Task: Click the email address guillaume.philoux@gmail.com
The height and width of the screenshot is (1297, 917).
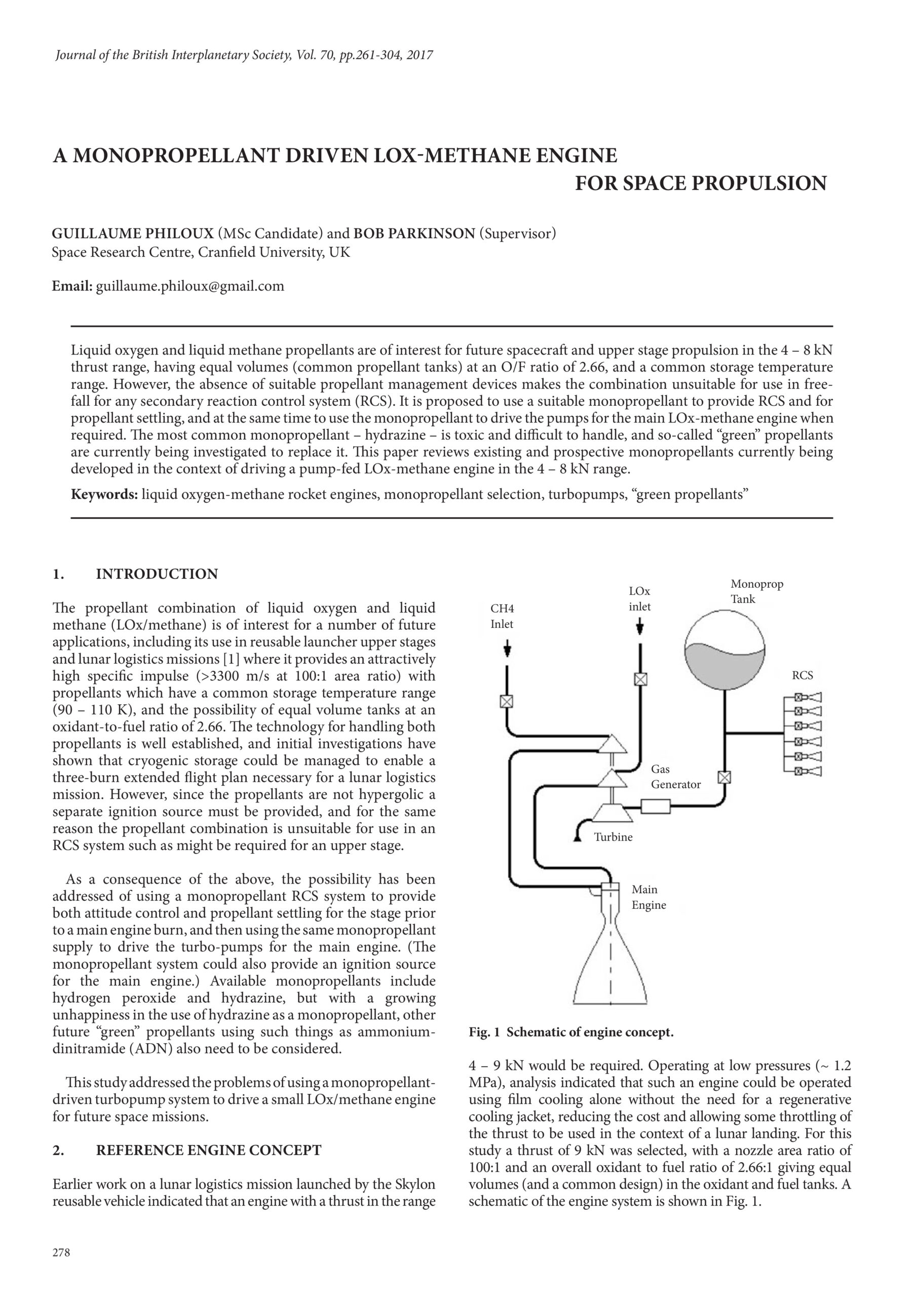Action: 190,286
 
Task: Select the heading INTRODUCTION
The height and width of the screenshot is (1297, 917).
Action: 157,574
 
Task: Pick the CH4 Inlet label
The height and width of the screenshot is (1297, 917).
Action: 502,616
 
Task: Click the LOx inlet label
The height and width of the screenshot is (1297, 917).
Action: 639,599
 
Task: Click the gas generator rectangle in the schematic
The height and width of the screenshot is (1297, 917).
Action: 656,806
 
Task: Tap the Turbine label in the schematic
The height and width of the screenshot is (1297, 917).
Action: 613,837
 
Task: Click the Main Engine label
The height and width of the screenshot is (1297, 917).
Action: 648,897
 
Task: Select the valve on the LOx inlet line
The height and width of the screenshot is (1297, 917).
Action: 640,679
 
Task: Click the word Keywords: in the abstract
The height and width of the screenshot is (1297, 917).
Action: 104,495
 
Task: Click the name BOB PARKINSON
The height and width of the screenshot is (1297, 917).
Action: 414,234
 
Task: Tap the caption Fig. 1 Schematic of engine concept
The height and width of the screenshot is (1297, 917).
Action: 571,1033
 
